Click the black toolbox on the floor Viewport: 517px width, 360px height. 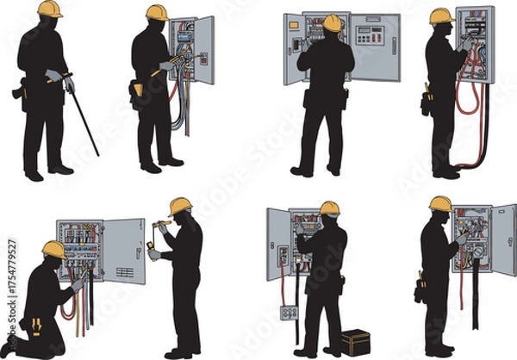(x=355, y=342)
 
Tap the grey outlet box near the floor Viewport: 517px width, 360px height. (x=289, y=312)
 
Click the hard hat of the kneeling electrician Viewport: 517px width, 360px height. (x=53, y=249)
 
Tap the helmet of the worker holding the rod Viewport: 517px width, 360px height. (x=50, y=9)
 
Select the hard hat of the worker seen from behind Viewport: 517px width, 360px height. (x=332, y=22)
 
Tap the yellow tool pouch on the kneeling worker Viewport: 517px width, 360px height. (x=38, y=326)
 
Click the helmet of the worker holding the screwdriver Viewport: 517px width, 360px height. (x=180, y=206)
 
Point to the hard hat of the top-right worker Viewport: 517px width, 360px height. (x=442, y=16)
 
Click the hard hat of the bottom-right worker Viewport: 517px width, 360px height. (x=440, y=203)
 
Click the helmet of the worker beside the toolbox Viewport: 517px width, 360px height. (x=329, y=208)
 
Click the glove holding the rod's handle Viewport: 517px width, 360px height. (x=69, y=84)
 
